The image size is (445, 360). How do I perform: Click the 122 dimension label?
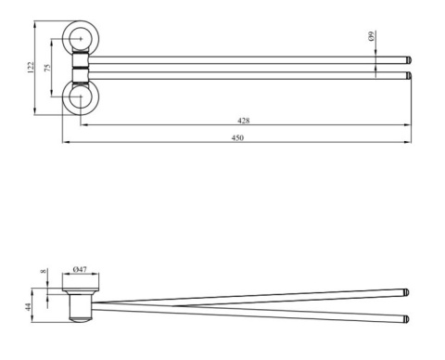[x=31, y=68]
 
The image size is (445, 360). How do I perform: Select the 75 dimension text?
[x=47, y=68]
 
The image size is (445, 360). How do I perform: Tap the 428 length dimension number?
[x=244, y=121]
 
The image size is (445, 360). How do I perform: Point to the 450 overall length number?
[x=237, y=137]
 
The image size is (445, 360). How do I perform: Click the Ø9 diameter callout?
[x=372, y=36]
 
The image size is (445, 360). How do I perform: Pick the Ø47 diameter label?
[x=80, y=269]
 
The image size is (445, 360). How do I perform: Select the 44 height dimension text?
[x=28, y=307]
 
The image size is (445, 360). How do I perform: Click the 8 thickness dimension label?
[x=44, y=271]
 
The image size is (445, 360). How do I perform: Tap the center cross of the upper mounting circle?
[x=81, y=39]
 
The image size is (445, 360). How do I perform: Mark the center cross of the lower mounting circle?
[x=81, y=96]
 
